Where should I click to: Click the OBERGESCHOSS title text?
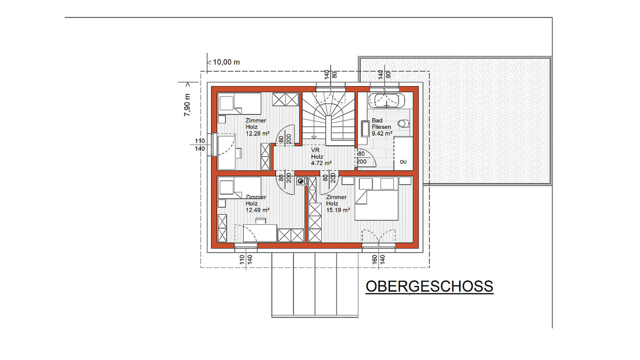coord(429,286)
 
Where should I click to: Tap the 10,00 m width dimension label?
coord(226,62)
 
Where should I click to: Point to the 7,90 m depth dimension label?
coord(187,105)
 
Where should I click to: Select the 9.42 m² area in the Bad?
coord(382,134)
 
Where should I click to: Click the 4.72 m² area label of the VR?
coord(321,163)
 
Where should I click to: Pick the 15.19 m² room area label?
coord(338,210)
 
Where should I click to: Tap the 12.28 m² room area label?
coord(258,134)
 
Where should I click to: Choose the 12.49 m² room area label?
coord(258,210)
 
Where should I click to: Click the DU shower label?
coord(403,162)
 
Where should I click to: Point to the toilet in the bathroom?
coord(404,124)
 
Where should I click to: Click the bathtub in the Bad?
coord(387,100)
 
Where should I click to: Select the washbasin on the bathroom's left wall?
coord(365,129)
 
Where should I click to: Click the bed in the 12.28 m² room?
coord(240,103)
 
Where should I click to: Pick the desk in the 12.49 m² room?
coord(260,233)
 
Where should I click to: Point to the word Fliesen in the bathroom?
coord(381,127)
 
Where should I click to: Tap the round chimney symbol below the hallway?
coord(300,181)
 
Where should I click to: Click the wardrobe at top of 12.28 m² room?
coord(285,99)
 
